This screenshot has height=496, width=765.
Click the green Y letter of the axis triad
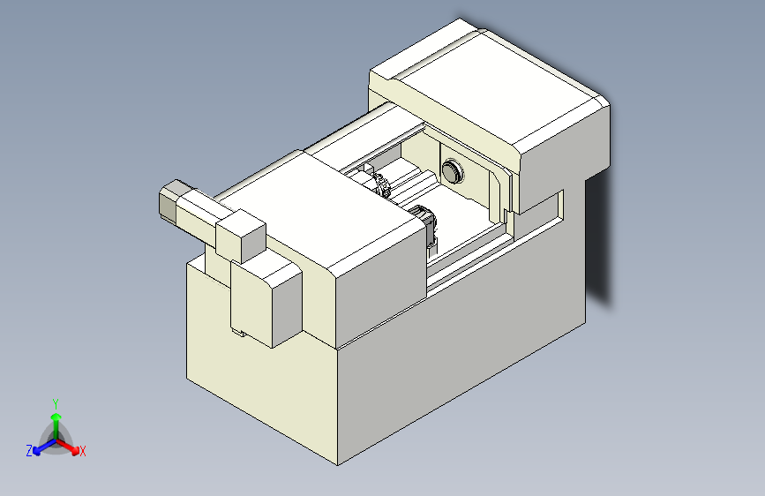point(56,402)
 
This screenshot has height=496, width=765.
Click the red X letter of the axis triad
point(83,451)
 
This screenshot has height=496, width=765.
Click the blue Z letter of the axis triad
point(29,451)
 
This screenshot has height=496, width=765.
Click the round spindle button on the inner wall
point(453,170)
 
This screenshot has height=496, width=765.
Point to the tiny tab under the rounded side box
point(237,333)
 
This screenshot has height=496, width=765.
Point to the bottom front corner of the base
point(338,462)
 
